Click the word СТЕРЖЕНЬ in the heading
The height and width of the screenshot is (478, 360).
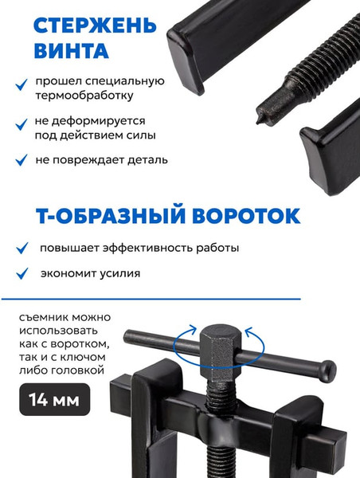[x=95, y=25]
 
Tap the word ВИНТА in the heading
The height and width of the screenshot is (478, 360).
[x=72, y=50]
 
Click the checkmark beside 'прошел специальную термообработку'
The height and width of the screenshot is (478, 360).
[x=22, y=84]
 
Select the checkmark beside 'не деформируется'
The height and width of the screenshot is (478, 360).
[x=22, y=124]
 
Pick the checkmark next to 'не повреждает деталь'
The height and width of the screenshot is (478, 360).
[x=22, y=160]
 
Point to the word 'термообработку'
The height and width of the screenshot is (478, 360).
[x=84, y=96]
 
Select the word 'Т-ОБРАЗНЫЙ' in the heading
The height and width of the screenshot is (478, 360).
[x=111, y=216]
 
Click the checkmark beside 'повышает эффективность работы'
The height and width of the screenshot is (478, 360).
[x=22, y=248]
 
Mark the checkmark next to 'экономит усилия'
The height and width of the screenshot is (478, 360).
[x=22, y=273]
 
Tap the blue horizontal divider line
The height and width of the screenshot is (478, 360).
[x=151, y=299]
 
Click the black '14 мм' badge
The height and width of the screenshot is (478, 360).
[x=55, y=399]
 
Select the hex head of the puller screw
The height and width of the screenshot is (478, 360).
[x=220, y=351]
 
